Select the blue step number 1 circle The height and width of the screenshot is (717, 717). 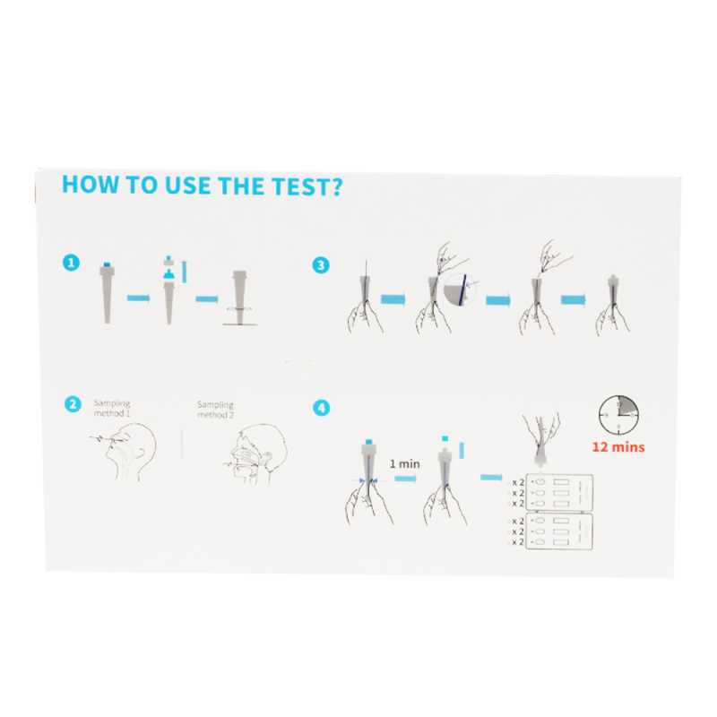pos(71,263)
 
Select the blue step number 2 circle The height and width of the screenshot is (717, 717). pos(71,404)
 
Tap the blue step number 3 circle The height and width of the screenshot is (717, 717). pos(320,264)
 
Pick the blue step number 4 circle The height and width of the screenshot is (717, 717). pos(320,408)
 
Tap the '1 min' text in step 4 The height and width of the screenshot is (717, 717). pos(404,463)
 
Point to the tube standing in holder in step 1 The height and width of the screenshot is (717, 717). pos(240,295)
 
